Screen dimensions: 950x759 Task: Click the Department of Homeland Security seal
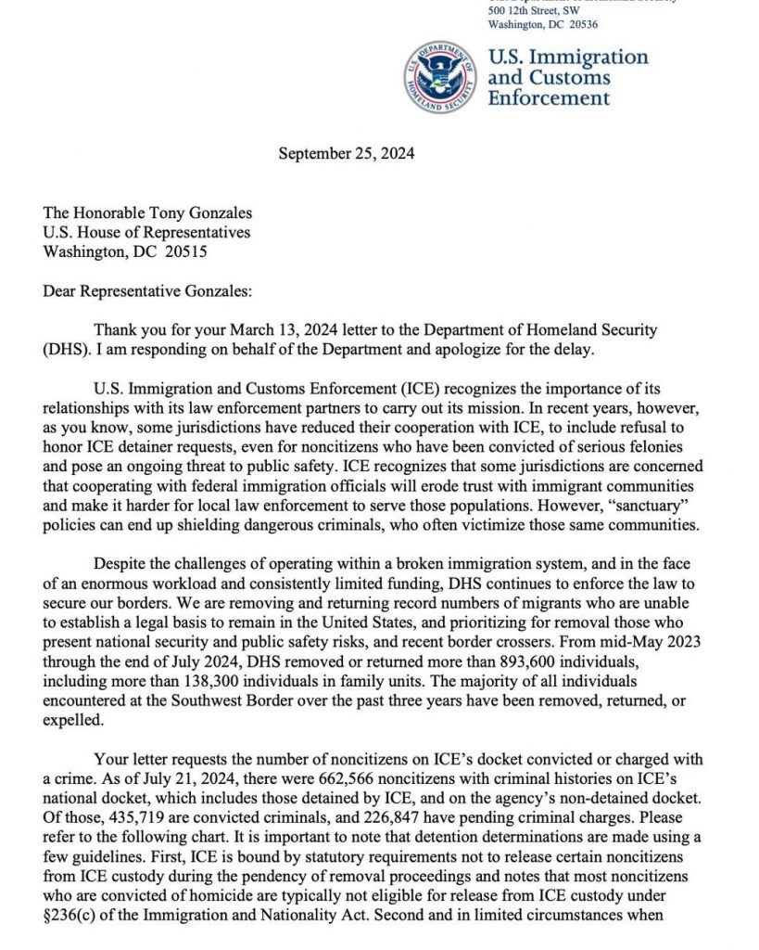[x=440, y=78]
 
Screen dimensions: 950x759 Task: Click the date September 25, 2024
[x=346, y=154]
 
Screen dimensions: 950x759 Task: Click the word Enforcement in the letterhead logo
[x=549, y=98]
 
